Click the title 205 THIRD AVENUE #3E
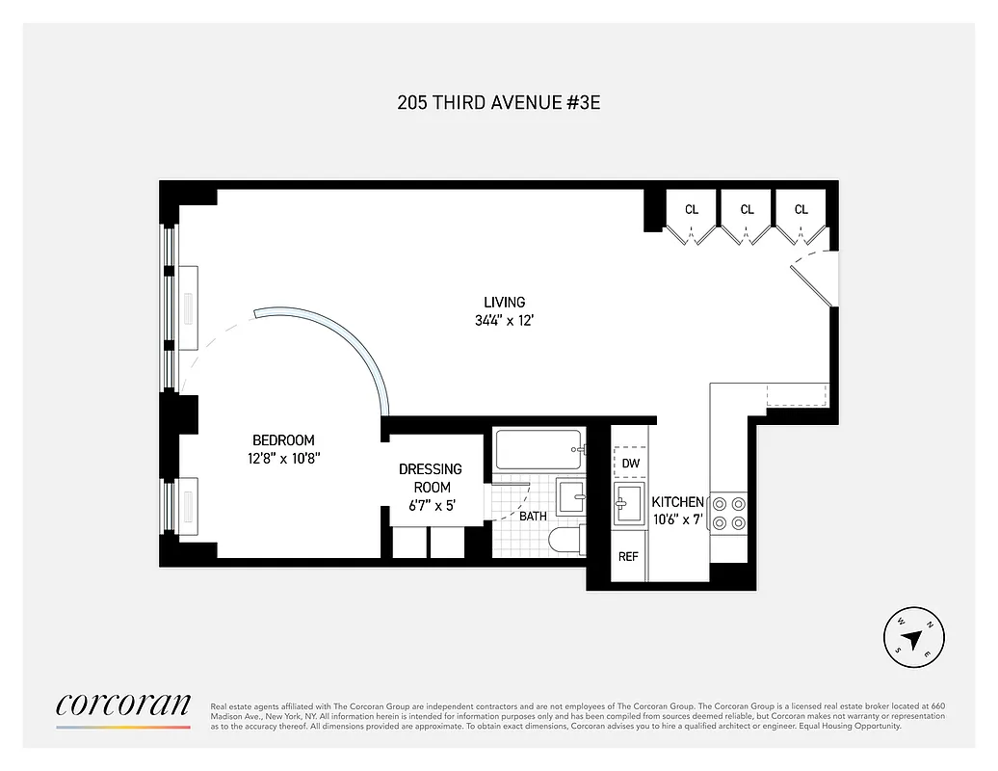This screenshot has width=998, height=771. tap(498, 102)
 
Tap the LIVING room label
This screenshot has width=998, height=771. tap(504, 303)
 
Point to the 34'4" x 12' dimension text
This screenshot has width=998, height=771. tap(504, 320)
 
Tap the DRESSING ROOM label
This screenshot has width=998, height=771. tap(431, 478)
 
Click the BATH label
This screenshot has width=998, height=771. tap(533, 517)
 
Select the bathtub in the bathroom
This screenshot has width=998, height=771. tap(538, 449)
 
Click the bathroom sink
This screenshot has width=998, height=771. tap(571, 498)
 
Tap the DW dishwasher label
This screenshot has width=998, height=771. tap(630, 464)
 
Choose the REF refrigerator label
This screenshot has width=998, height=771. tap(628, 556)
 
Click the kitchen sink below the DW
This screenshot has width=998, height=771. tap(630, 504)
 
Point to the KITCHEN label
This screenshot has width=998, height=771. tap(678, 502)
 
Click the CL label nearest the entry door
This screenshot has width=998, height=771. tap(801, 209)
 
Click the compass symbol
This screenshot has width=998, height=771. tap(913, 636)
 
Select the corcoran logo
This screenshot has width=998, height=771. tap(122, 706)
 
